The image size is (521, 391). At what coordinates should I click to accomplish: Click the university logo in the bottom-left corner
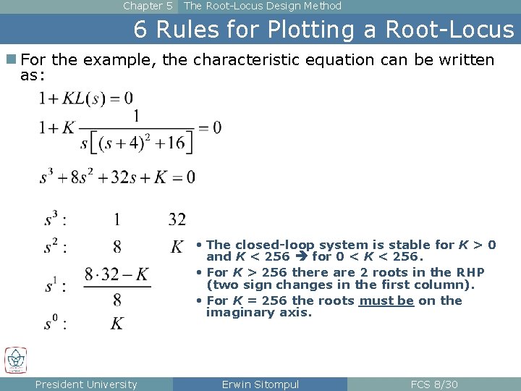coord(16,361)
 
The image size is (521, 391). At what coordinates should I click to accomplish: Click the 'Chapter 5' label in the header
coord(148,6)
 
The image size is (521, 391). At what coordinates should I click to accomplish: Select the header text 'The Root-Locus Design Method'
coord(262,6)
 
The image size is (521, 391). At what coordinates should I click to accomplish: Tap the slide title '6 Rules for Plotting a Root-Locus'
coord(323,30)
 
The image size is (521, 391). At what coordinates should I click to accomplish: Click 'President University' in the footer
coord(86,384)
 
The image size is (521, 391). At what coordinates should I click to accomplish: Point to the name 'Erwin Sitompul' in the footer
coord(260,384)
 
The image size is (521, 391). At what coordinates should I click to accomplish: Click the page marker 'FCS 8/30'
coord(434,384)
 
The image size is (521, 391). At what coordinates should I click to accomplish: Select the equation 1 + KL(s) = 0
coord(86,98)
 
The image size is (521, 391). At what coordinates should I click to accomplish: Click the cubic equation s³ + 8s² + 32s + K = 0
coord(117,177)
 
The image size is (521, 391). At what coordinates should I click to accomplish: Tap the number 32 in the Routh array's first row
coord(177,219)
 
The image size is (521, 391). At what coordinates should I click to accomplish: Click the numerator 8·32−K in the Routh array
coord(117,274)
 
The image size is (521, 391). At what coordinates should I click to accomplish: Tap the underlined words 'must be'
coord(386,300)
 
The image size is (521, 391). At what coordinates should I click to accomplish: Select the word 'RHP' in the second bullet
coord(469,272)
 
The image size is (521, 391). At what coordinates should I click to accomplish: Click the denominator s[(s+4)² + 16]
coord(137,142)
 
